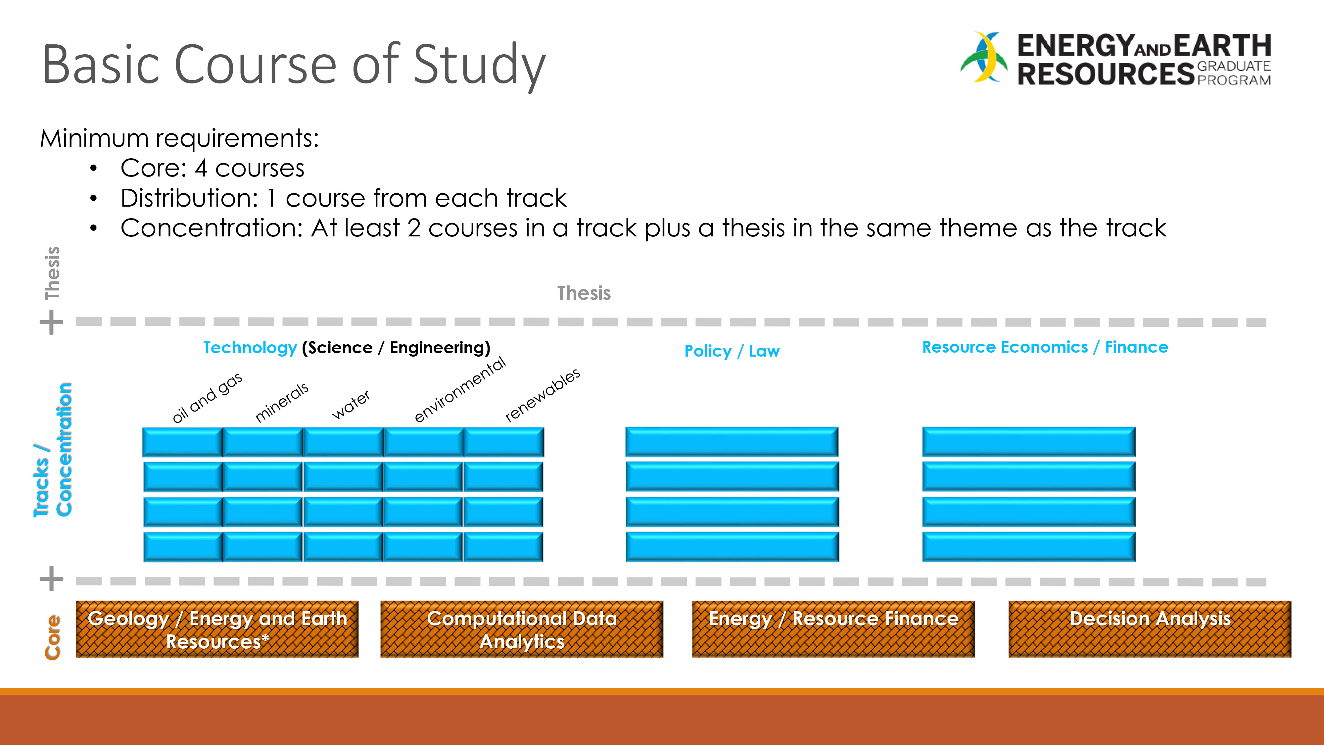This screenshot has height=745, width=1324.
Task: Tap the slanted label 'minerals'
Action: pos(282,402)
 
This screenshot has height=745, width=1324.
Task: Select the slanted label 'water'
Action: pos(351,405)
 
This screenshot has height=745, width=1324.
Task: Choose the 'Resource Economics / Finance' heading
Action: pos(1045,347)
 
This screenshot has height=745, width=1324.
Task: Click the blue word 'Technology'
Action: pos(250,348)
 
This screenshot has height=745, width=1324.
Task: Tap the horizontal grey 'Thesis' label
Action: pos(584,293)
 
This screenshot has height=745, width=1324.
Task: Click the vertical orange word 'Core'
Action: pos(52,637)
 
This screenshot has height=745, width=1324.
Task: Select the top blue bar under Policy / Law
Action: pos(732,442)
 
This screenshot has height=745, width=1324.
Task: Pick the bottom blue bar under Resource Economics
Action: pos(1028,547)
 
